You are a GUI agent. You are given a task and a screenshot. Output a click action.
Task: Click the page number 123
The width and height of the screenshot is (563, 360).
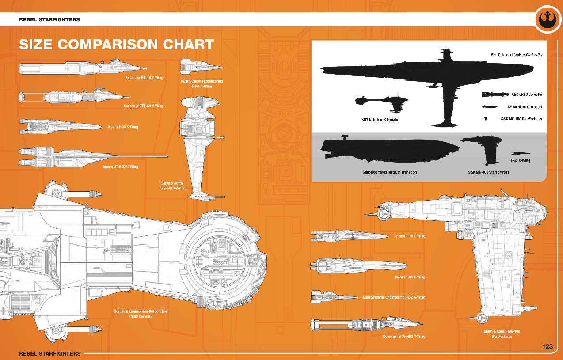pos(547,347)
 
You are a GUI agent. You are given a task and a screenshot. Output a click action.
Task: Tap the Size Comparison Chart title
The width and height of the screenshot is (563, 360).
pos(116,45)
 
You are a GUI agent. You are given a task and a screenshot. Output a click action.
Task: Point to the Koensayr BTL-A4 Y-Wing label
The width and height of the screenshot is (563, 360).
pos(143,106)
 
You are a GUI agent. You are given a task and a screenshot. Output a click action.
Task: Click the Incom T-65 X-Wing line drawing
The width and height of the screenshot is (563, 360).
pos(61,126)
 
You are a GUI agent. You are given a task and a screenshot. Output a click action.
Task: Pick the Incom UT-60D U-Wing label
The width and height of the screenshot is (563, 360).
pos(120,167)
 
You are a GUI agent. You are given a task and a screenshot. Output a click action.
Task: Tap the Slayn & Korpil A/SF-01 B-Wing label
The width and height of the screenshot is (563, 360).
pos(172,186)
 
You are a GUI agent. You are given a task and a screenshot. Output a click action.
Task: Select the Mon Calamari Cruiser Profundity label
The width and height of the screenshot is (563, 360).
pos(516,55)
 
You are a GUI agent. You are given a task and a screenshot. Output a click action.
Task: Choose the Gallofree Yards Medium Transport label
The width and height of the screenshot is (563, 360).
pos(390,172)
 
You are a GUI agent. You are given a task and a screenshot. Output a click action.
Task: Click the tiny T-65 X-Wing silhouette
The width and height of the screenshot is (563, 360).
pos(521,153)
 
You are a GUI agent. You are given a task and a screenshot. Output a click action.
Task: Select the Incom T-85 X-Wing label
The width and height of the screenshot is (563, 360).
pos(410,277)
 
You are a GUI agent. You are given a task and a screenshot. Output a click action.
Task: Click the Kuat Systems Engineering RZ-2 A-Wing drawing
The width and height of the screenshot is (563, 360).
pos(334,297)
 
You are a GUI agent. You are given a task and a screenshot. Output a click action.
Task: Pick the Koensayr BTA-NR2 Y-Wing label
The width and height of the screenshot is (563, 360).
pos(404,337)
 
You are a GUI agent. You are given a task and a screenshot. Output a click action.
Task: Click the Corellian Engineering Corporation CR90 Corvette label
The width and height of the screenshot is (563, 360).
pos(141,314)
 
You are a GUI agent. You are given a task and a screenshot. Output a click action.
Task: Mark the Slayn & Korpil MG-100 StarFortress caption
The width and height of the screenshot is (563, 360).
pos(502,334)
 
